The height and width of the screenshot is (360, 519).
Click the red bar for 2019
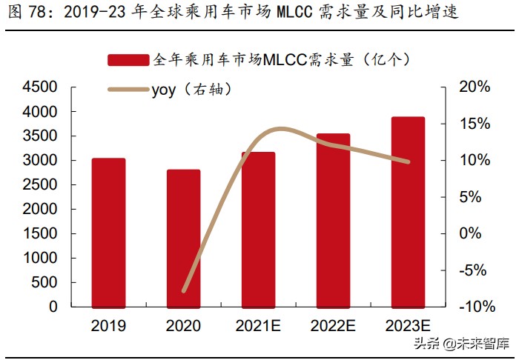pos(108,233)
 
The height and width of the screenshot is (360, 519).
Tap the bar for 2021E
pos(258,230)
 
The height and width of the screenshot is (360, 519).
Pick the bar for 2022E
pos(333,220)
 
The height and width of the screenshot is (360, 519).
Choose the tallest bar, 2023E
pos(408,212)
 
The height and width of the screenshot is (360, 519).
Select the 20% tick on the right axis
pos(475,87)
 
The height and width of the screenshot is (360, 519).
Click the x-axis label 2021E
pos(258,326)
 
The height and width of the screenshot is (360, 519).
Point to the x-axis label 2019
pos(108,326)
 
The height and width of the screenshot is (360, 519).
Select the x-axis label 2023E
pos(408,326)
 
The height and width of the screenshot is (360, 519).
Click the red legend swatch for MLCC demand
pos(128,60)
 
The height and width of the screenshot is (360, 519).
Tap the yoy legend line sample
pos(128,90)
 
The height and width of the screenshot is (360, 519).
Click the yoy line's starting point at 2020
pos(184,290)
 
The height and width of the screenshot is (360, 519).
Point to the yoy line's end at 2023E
pos(408,161)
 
